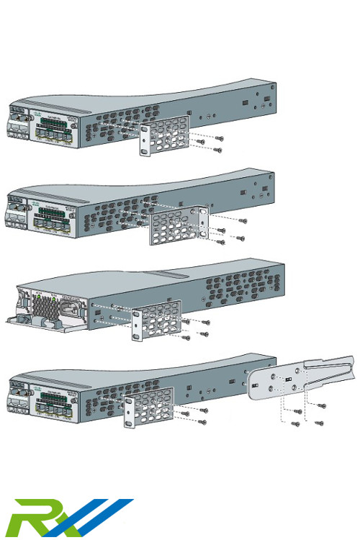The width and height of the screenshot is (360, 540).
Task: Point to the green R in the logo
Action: coord(32,520)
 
